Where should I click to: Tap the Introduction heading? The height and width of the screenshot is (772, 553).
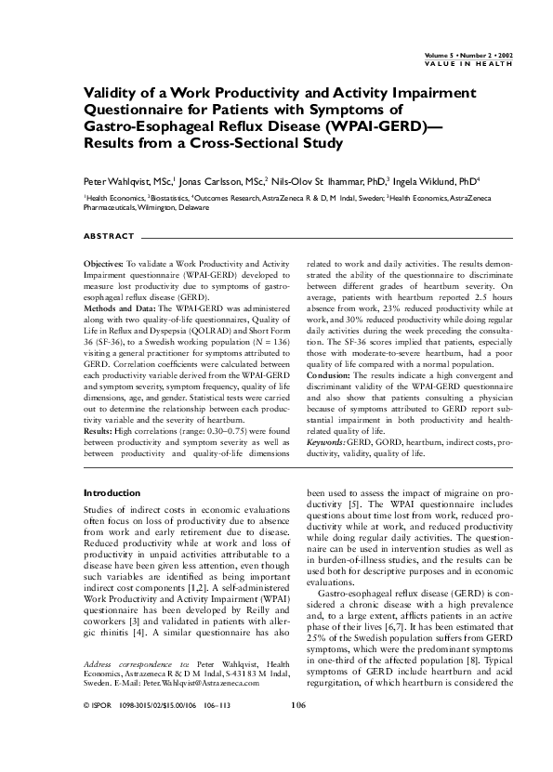tap(112, 492)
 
